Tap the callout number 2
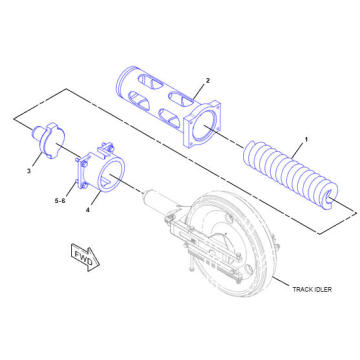coord(207,79)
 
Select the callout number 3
coord(29,171)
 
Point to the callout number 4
coord(88,209)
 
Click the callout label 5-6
coord(60,200)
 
